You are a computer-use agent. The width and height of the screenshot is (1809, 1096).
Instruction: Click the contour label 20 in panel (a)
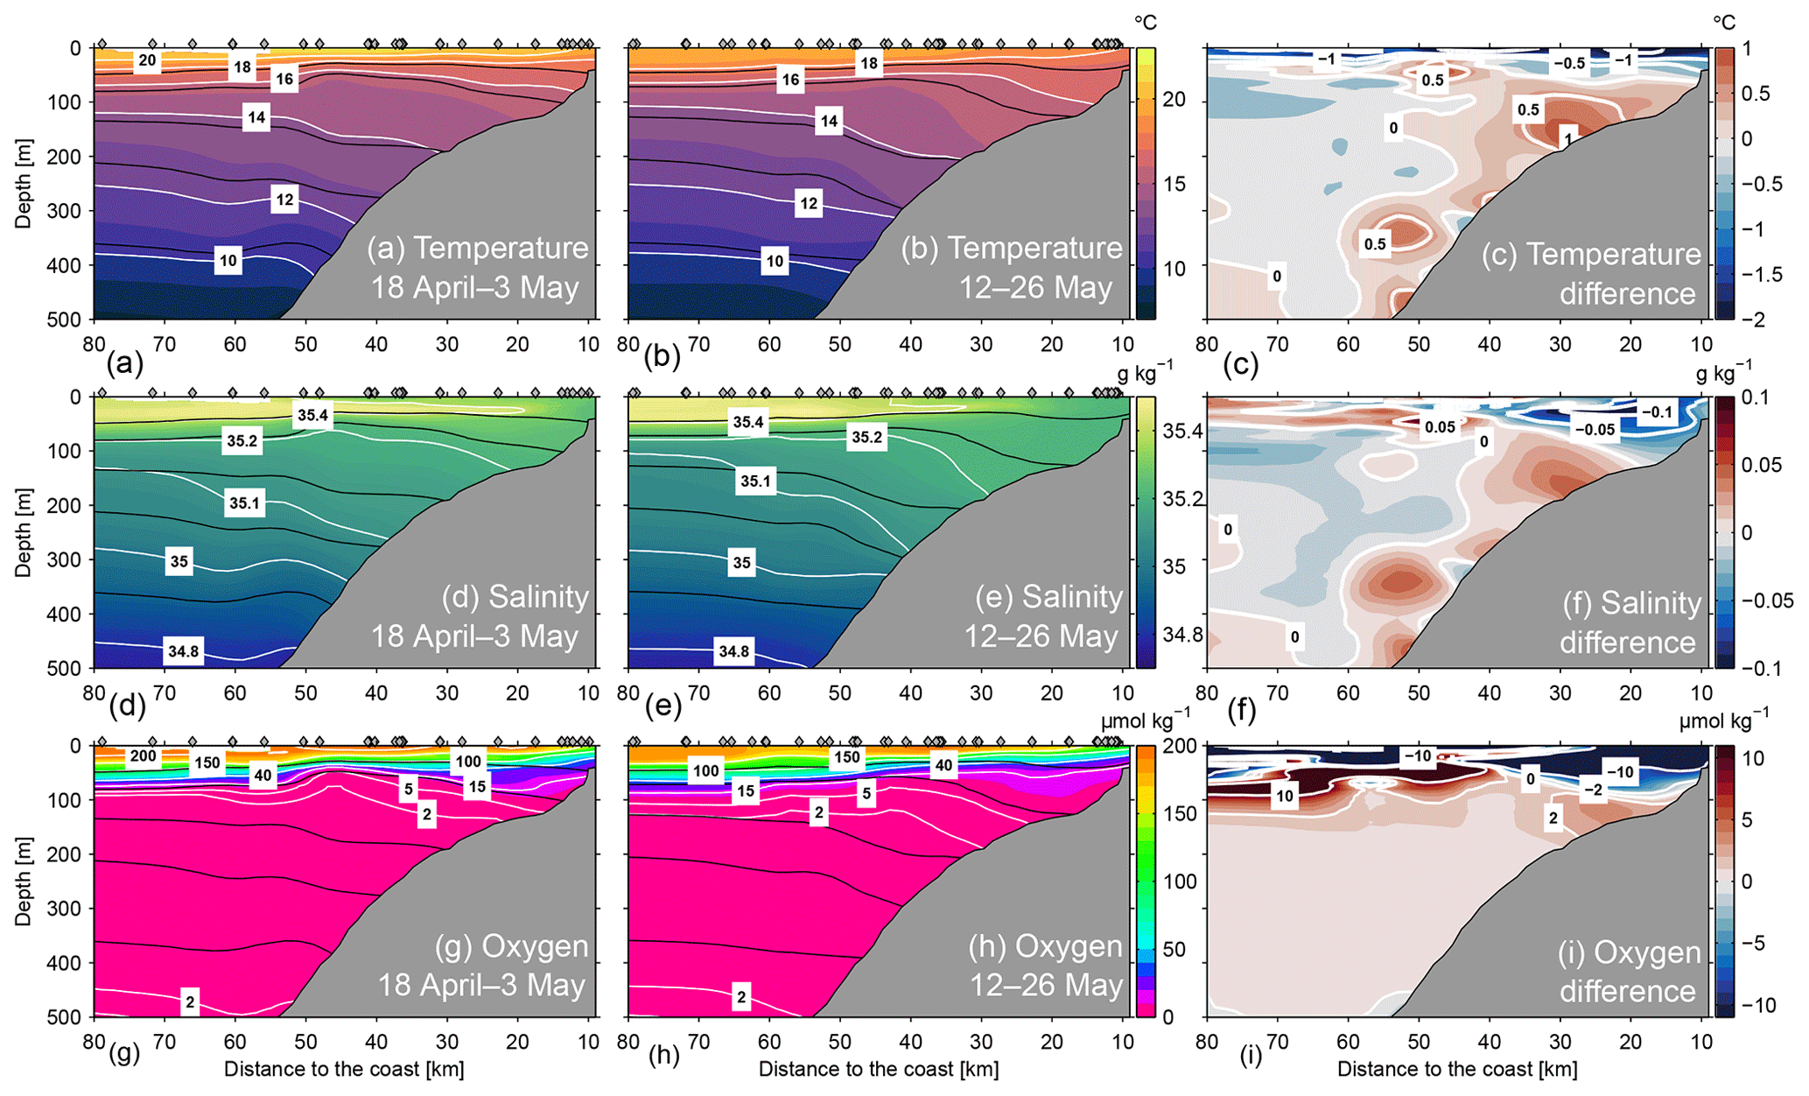pos(147,60)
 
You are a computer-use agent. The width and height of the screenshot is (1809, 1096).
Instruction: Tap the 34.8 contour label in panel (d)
pos(184,650)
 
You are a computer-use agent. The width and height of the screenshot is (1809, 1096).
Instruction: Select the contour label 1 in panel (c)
pos(1568,138)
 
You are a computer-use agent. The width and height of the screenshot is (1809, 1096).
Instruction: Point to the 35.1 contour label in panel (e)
pos(755,481)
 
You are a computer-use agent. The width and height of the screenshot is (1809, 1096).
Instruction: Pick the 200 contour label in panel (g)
pos(143,756)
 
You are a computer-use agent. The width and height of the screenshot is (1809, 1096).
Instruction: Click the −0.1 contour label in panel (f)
pos(1656,411)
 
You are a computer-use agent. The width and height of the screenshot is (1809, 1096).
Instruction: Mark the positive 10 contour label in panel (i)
pos(1284,796)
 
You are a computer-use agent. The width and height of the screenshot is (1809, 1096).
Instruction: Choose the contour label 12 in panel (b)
pos(809,204)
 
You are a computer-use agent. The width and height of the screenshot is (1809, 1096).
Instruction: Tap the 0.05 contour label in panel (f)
pos(1440,427)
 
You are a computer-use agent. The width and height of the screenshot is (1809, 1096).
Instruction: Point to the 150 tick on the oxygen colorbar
pos(1181,813)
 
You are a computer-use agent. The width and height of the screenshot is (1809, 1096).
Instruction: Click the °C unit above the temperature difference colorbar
pos(1723,22)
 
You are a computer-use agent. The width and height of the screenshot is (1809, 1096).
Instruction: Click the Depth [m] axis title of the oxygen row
pos(23,882)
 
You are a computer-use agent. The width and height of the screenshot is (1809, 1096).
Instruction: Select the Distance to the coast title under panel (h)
pos(878,1069)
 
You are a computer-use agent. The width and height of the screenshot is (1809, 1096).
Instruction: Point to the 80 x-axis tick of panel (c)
pos(1207,344)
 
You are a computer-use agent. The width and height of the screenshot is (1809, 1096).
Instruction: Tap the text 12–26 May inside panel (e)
pos(1041,636)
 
